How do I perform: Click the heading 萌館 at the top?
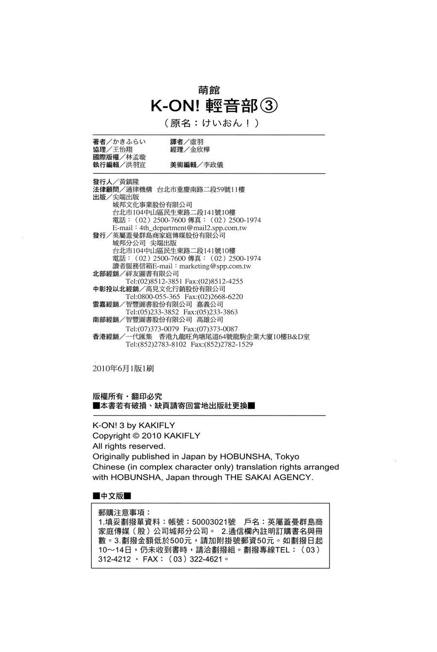tap(209, 90)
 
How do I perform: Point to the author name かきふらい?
tap(133, 142)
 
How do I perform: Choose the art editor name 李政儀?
tap(214, 165)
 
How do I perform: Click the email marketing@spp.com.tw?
tap(215, 266)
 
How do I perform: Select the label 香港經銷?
tap(106, 336)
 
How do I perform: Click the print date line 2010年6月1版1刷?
tap(123, 369)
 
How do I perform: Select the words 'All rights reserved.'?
tap(129, 446)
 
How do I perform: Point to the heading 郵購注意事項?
tap(124, 512)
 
